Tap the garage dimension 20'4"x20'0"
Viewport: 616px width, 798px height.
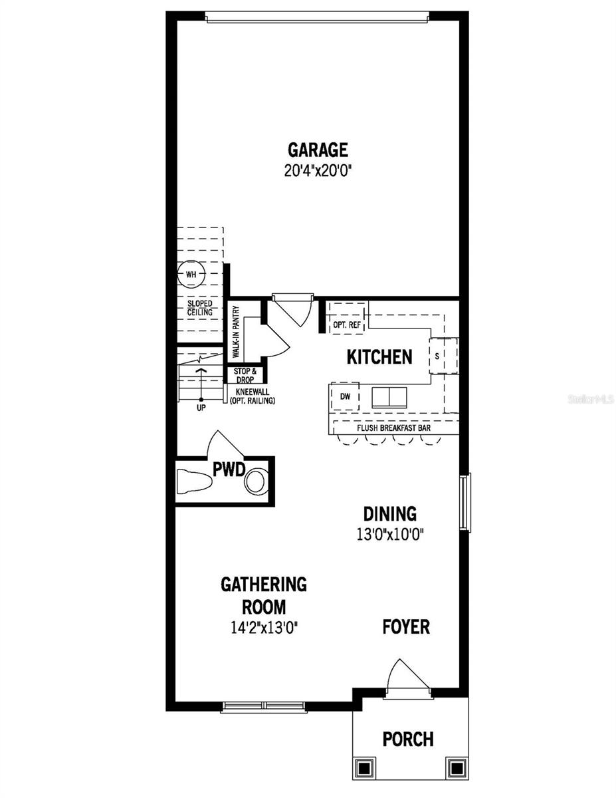[317, 170]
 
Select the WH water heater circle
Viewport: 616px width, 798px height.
[191, 274]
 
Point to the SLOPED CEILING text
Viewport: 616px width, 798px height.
[199, 308]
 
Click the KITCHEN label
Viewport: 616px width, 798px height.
[379, 357]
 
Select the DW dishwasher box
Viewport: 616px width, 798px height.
[345, 396]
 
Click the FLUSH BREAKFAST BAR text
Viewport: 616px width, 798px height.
[393, 428]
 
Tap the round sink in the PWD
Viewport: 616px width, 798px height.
[257, 481]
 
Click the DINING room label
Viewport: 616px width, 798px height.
[389, 514]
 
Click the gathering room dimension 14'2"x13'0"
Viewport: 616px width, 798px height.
[264, 626]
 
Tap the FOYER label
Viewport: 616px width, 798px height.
[406, 626]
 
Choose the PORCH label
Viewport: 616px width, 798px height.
[408, 739]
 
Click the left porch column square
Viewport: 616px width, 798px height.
[364, 767]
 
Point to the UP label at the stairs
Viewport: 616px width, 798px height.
[201, 408]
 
